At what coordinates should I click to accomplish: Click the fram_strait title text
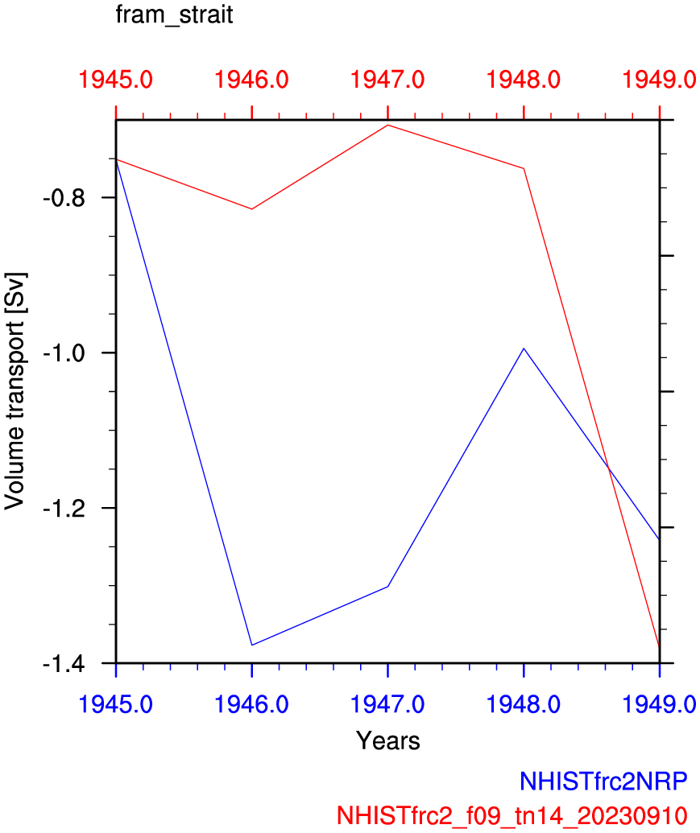click(175, 16)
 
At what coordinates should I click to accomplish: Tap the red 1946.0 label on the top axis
click(252, 80)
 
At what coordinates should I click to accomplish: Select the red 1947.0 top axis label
click(388, 80)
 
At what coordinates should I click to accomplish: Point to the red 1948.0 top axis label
click(524, 80)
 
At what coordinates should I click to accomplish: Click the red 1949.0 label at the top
click(659, 80)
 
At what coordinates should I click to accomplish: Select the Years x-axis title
click(388, 740)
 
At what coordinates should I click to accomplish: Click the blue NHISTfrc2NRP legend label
click(607, 781)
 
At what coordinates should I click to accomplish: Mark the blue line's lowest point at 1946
click(252, 645)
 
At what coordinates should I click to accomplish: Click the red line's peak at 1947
click(388, 125)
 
